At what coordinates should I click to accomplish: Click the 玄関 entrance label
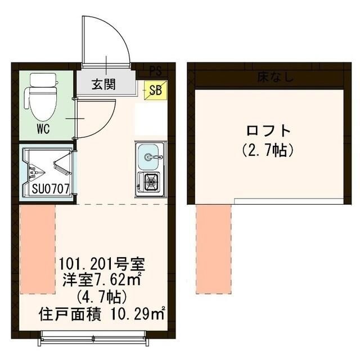pyautogui.click(x=104, y=85)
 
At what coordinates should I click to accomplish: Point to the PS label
pyautogui.click(x=155, y=71)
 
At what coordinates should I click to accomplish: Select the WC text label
pyautogui.click(x=43, y=128)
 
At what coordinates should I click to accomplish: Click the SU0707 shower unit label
pyautogui.click(x=47, y=189)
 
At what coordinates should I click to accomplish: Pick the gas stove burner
pyautogui.click(x=150, y=182)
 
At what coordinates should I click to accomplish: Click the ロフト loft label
pyautogui.click(x=269, y=131)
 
